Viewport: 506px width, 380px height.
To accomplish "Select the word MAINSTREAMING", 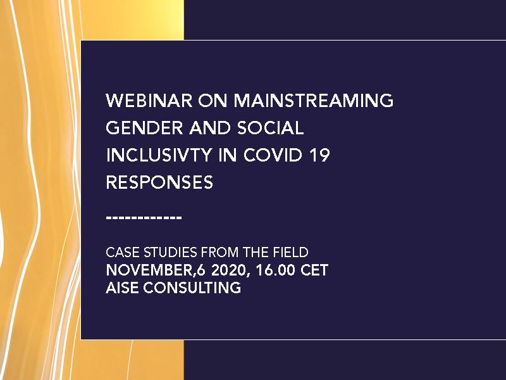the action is coord(313,101).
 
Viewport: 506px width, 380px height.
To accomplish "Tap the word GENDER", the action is coord(144,128).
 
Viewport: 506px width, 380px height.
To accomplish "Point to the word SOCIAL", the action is coord(271,128).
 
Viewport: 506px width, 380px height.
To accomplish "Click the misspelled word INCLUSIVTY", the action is coord(159,155).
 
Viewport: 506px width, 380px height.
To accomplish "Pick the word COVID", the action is coord(273,155).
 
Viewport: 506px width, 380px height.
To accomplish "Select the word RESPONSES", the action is coord(159,182).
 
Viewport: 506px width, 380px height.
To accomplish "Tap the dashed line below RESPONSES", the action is coord(144,218).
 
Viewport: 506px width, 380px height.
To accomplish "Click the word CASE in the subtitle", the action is coord(123,252).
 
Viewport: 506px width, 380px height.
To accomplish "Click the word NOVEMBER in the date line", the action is coord(150,270).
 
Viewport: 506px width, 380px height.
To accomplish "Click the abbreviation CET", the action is coord(314,270).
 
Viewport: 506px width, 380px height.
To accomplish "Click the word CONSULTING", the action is coord(192,288).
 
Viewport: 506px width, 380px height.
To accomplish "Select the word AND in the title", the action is coord(210,128).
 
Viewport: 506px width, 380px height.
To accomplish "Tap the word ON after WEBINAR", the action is coord(213,101).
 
